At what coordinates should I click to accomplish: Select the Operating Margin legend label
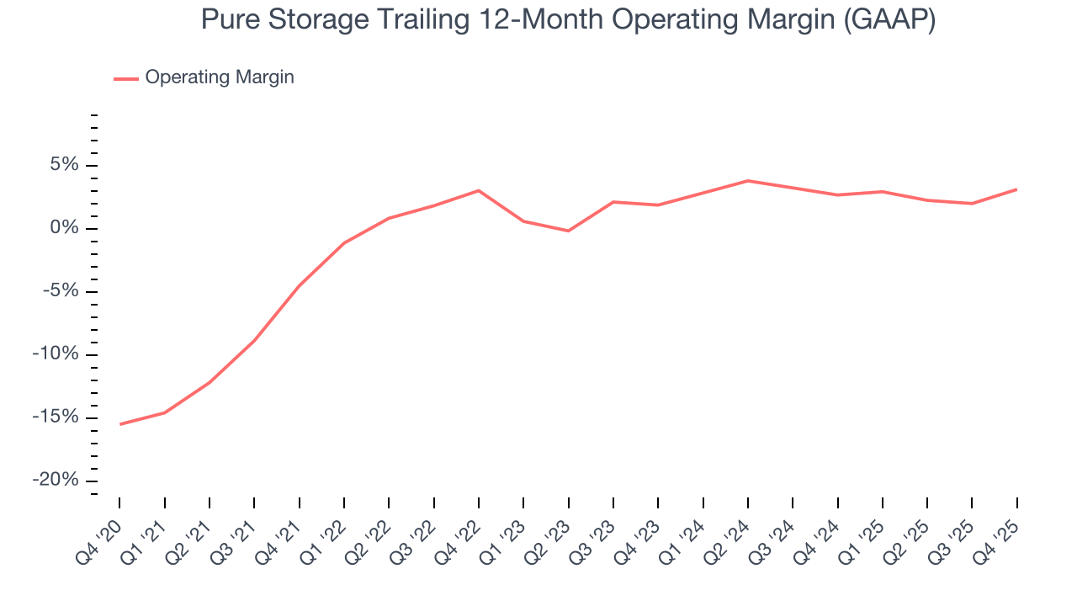(220, 77)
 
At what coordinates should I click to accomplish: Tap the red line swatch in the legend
(126, 78)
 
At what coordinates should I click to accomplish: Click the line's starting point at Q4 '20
(119, 424)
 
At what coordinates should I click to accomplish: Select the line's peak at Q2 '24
(748, 181)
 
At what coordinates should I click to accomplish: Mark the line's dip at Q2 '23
(569, 231)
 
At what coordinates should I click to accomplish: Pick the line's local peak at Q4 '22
(479, 190)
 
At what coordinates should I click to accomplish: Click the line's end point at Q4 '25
(1016, 189)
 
